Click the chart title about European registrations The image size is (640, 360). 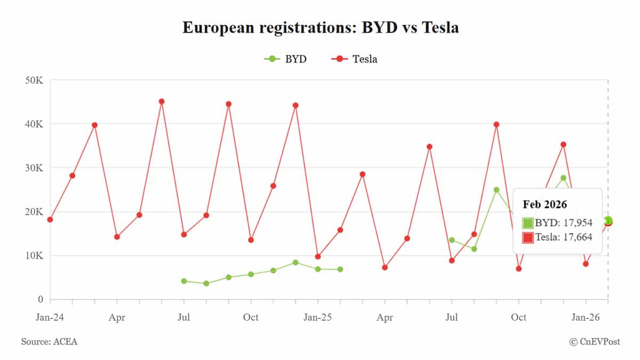click(320, 28)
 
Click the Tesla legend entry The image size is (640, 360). click(355, 59)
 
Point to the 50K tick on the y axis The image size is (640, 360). click(33, 80)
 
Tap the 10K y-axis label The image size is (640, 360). click(33, 255)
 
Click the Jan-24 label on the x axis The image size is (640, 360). click(50, 317)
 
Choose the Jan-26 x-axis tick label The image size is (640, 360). click(585, 317)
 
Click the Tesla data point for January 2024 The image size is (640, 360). click(50, 220)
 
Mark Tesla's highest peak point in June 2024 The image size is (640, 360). click(162, 101)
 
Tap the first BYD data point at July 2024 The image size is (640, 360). click(184, 281)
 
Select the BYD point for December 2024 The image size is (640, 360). click(295, 262)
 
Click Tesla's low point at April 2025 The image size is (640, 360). click(385, 267)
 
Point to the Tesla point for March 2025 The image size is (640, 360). click(363, 174)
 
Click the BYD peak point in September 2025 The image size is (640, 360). click(497, 190)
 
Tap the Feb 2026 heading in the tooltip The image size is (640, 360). click(545, 204)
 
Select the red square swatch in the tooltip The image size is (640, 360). click(528, 238)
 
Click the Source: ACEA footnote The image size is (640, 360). click(49, 341)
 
